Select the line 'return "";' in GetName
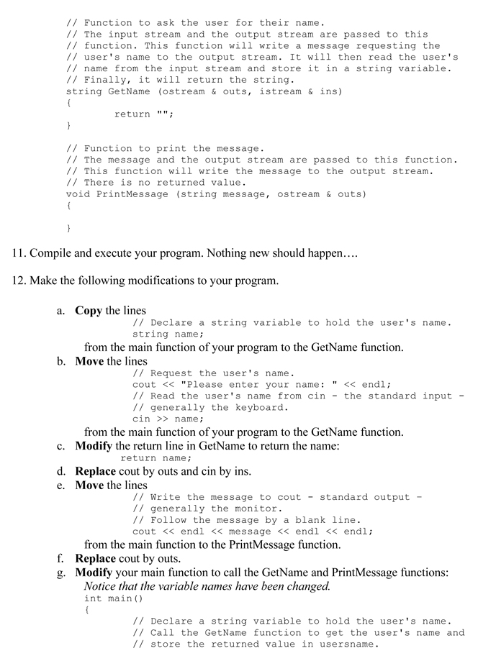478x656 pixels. coord(144,114)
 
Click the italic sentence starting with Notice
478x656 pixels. coord(207,586)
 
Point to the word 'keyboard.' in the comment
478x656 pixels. coord(260,407)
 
